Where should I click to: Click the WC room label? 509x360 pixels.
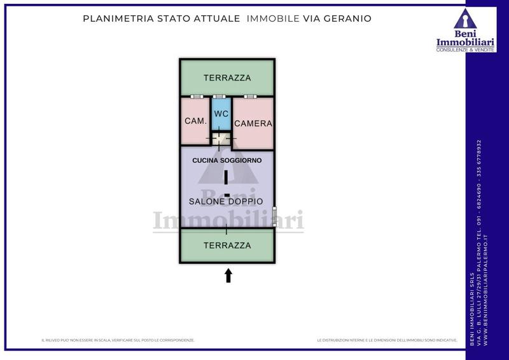tap(221, 114)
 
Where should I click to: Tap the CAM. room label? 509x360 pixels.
tap(195, 121)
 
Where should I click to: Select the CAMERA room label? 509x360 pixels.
tap(253, 123)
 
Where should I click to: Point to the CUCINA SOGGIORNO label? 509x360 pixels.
tap(227, 161)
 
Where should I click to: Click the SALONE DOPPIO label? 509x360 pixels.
tap(227, 201)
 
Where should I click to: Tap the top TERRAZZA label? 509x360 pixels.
tap(227, 78)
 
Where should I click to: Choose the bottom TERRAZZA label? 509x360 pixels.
tap(227, 245)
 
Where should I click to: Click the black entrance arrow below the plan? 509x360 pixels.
tap(228, 275)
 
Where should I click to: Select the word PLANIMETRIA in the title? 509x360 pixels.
tap(117, 18)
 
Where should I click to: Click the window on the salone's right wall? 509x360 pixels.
tap(275, 216)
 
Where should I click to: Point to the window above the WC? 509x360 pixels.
tap(221, 96)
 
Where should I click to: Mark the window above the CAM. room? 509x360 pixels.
tap(197, 96)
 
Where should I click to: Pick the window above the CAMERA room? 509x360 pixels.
tap(249, 96)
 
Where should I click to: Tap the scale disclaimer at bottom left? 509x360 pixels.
tap(118, 341)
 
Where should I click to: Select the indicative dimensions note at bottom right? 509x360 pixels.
tap(387, 341)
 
